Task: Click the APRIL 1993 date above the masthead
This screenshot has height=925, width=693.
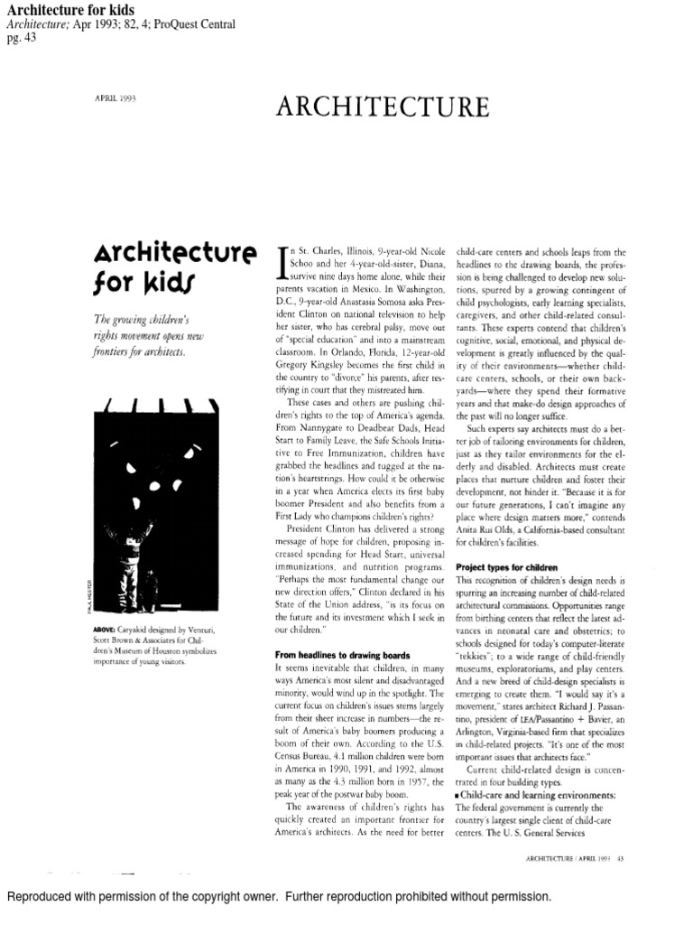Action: point(115,98)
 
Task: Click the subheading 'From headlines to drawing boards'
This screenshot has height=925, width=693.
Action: point(343,653)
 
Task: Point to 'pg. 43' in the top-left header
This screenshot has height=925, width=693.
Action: point(18,38)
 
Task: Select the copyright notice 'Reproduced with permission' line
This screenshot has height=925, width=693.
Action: point(279,897)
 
